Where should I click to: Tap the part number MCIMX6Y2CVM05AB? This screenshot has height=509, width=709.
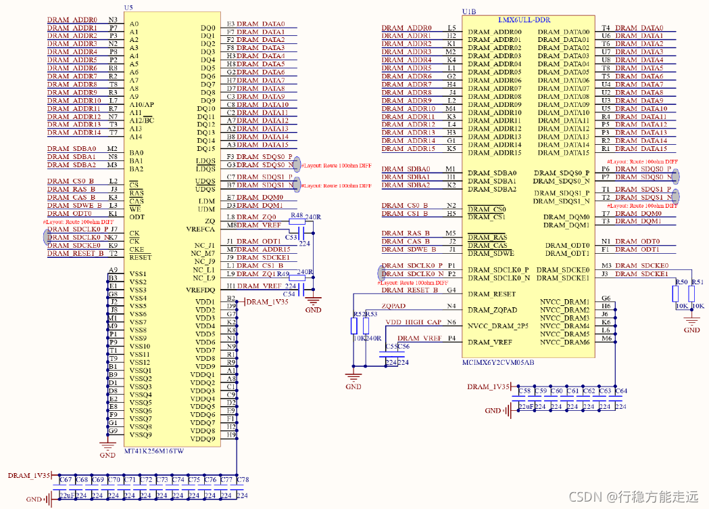[x=498, y=363]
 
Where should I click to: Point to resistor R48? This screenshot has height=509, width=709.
[x=297, y=216]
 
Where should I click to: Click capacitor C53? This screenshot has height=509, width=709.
[x=291, y=238]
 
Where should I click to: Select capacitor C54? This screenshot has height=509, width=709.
[x=289, y=294]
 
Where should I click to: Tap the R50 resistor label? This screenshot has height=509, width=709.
[x=681, y=282]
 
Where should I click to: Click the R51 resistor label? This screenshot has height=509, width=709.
[x=698, y=282]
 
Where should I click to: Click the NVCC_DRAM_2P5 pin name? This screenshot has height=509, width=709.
[x=499, y=326]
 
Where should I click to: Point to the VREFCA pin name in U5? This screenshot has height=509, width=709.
[x=201, y=229]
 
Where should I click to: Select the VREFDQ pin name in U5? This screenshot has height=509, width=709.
[x=200, y=290]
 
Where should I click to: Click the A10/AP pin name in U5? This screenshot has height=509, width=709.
[x=141, y=105]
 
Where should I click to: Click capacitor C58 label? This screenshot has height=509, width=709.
[x=524, y=391]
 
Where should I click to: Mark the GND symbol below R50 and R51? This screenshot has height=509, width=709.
[x=691, y=326]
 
